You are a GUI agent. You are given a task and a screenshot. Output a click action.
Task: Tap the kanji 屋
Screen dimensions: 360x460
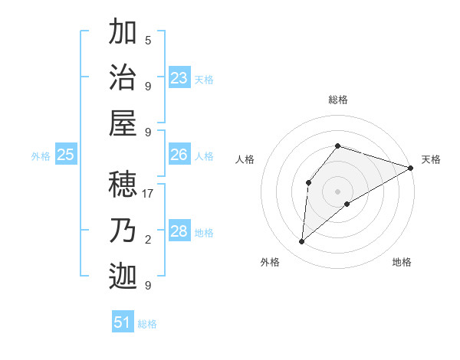[123, 123]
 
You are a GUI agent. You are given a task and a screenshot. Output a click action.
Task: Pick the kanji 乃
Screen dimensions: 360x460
[123, 231]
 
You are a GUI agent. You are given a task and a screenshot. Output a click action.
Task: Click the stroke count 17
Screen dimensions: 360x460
[149, 194]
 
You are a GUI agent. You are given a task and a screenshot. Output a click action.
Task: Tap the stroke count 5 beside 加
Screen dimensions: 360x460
[148, 40]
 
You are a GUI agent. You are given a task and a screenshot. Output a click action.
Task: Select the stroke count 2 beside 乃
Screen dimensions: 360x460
[148, 240]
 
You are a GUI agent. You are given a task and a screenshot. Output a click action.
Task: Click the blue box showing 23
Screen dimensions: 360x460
[179, 78]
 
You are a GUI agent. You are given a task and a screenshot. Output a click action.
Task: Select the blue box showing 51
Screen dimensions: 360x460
[123, 322]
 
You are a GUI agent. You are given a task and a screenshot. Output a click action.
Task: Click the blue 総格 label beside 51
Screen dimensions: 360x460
[147, 324]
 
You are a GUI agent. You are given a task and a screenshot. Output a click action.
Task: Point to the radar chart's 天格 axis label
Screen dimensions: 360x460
[431, 159]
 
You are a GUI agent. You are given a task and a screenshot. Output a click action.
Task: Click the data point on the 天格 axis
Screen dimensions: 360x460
[411, 168]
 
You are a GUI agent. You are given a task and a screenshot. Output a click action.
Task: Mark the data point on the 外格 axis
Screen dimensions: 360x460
[302, 242]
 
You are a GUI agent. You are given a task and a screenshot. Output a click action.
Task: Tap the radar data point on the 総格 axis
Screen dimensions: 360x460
[337, 146]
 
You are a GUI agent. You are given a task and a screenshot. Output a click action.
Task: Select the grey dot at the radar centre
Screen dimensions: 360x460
[337, 191]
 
